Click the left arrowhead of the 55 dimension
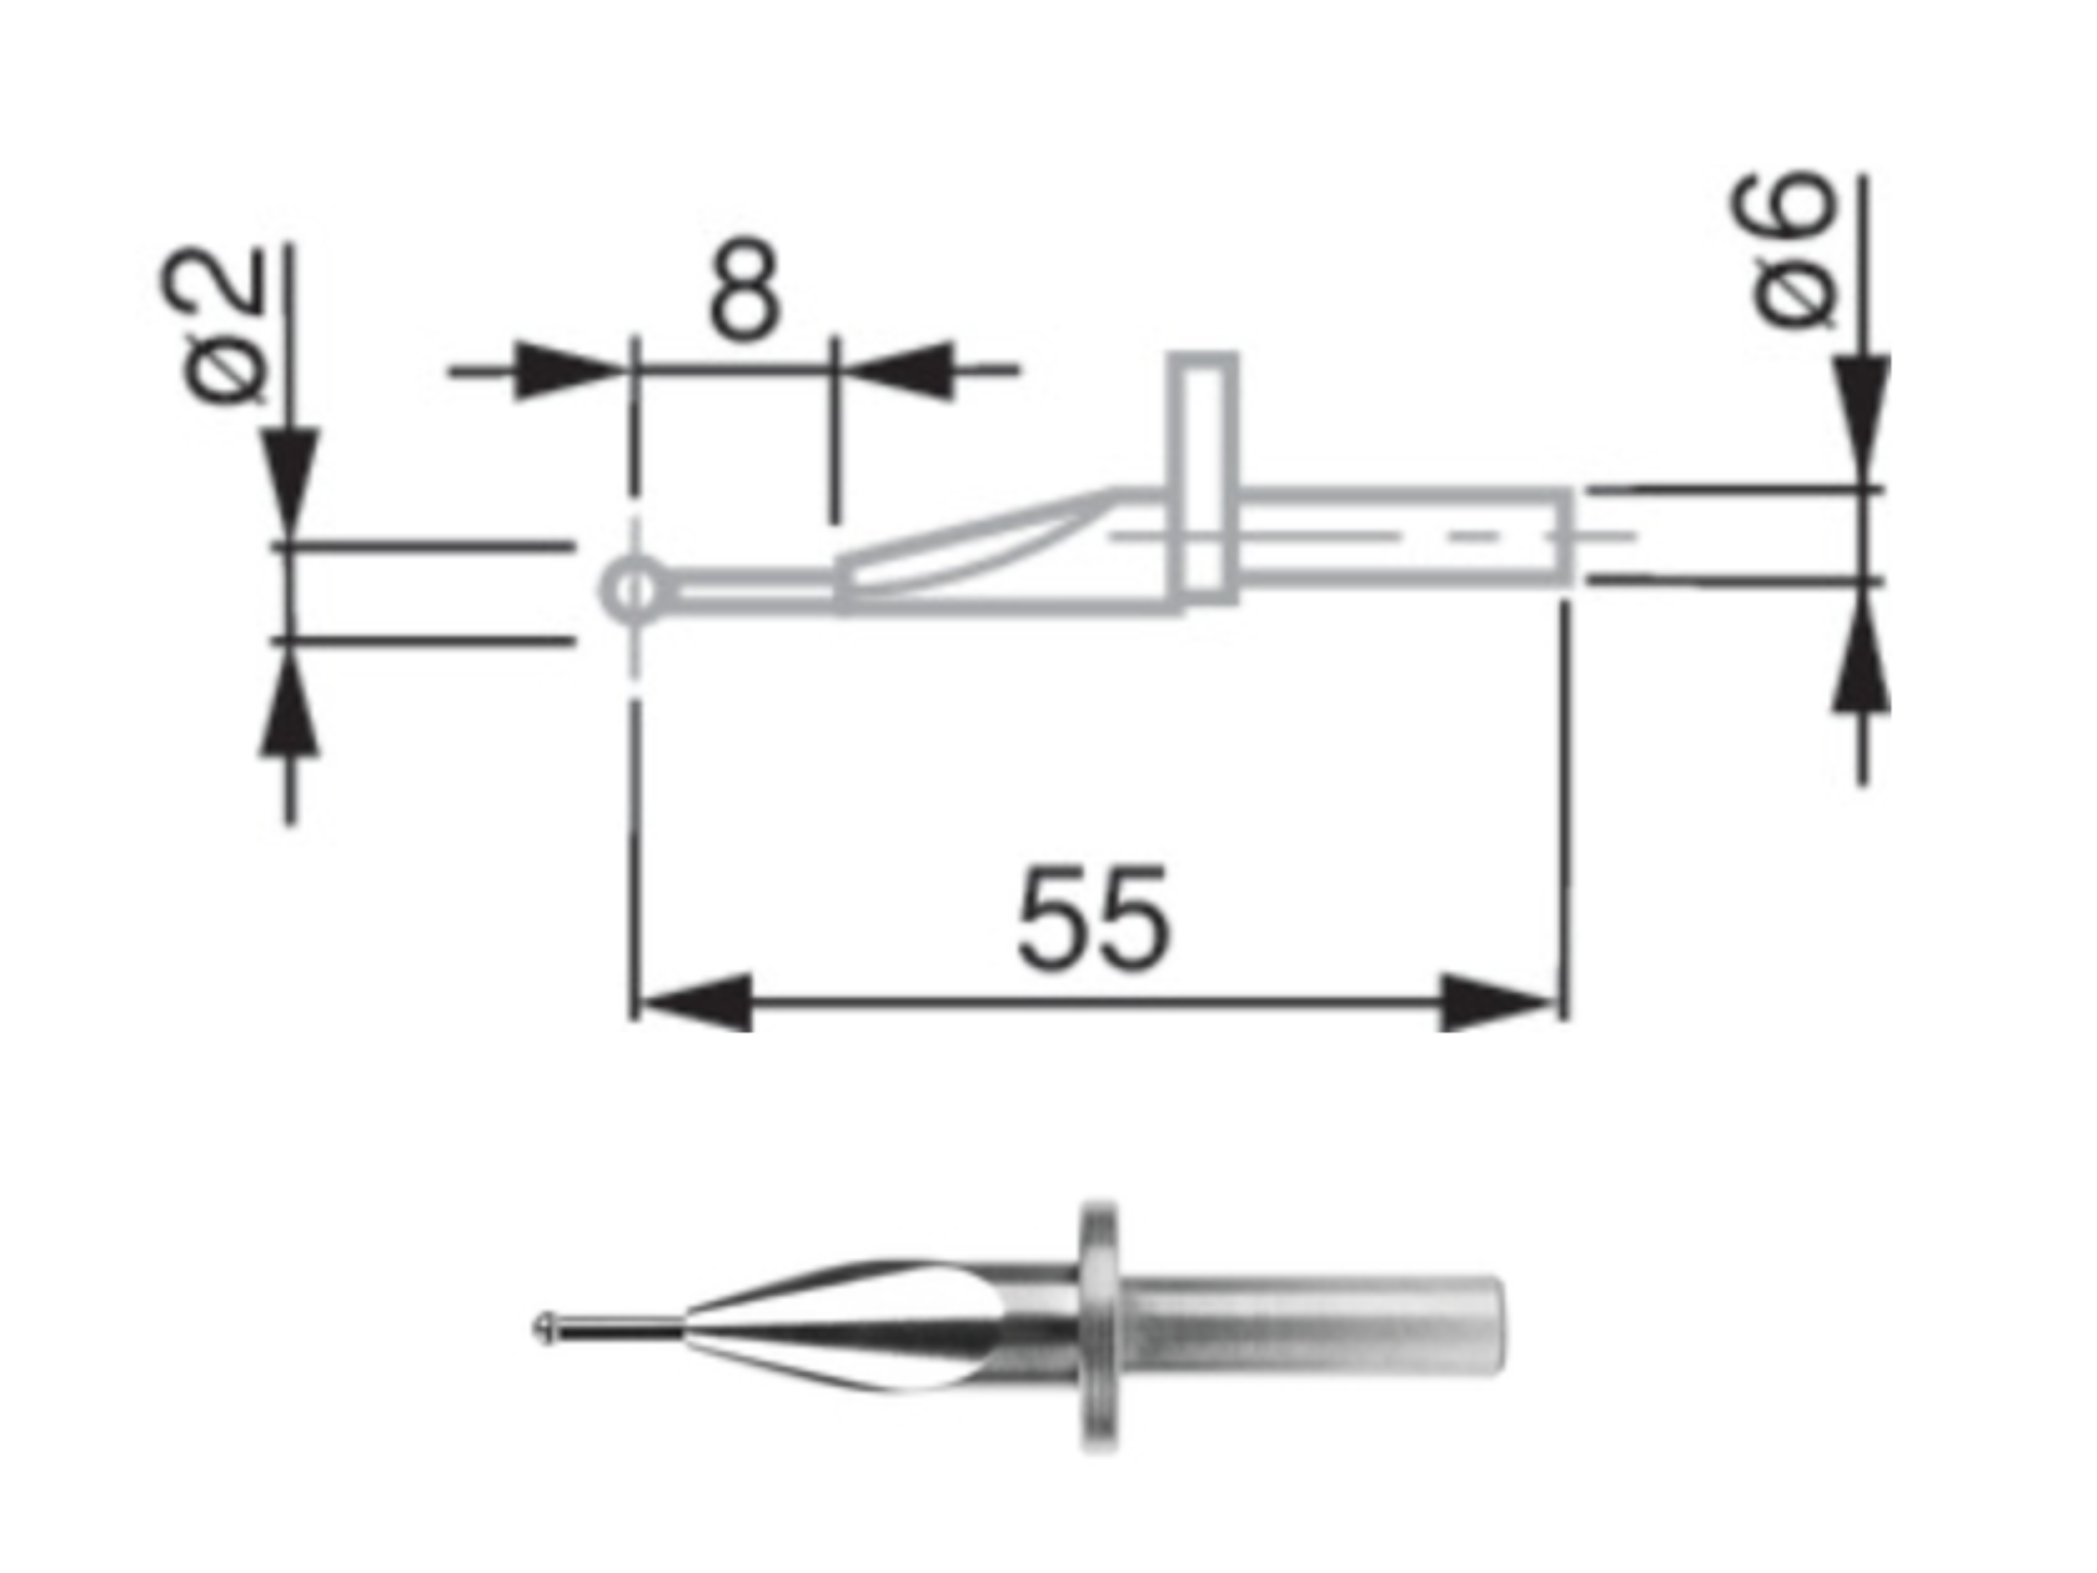click(697, 1002)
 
